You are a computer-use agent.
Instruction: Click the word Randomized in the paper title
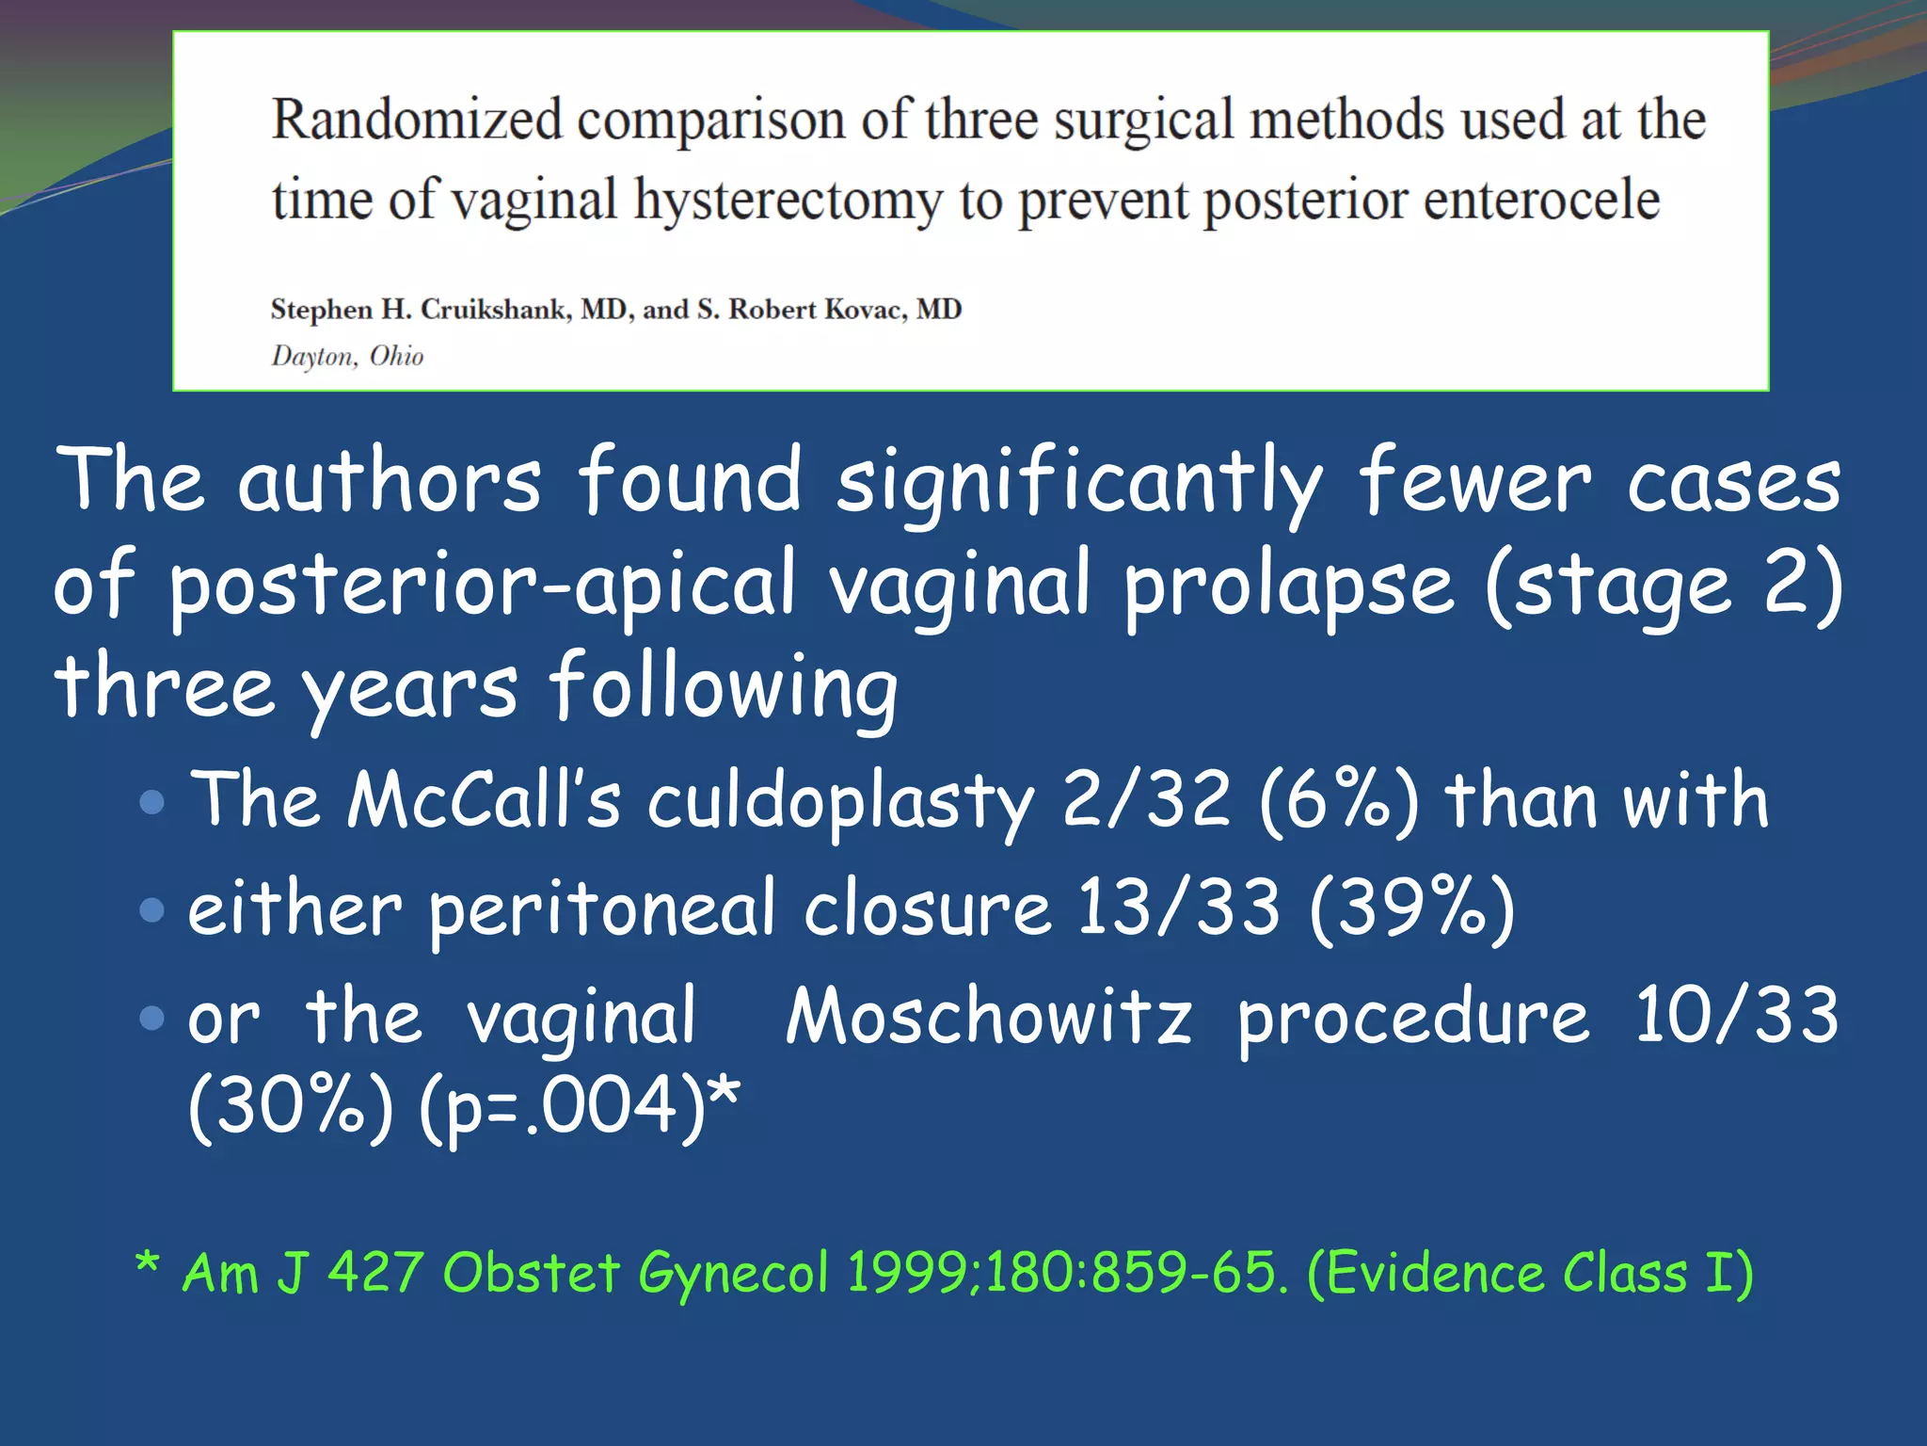coord(417,120)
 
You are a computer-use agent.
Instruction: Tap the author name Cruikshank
coord(495,310)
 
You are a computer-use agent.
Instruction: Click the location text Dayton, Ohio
coord(347,356)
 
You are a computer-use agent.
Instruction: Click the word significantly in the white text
coord(1079,482)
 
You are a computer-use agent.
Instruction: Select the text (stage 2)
coord(1664,586)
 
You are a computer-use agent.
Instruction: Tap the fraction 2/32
coord(1146,799)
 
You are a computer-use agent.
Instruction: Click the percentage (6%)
coord(1337,799)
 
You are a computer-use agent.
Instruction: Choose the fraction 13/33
coord(1178,908)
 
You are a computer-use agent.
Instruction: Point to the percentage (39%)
coord(1411,908)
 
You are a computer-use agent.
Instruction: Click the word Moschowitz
coord(989,1017)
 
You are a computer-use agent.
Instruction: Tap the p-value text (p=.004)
coord(562,1106)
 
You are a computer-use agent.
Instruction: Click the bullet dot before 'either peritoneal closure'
coord(151,909)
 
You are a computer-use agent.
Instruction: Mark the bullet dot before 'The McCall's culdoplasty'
coord(151,802)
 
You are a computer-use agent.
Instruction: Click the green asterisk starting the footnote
coord(148,1262)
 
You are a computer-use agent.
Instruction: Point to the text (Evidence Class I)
coord(1530,1273)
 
